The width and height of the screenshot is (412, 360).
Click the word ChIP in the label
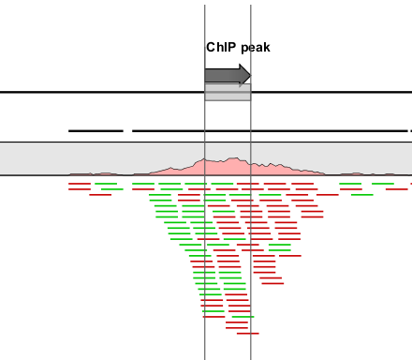(x=220, y=47)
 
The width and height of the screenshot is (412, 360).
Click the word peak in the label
(x=254, y=47)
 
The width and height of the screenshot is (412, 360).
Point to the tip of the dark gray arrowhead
(x=250, y=75)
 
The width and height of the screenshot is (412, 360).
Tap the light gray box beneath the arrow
(x=228, y=93)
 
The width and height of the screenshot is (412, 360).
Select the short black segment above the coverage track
(x=96, y=130)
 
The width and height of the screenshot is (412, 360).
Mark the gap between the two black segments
(x=127, y=130)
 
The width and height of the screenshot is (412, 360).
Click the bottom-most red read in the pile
(x=248, y=333)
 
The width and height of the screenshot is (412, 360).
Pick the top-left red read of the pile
(x=80, y=184)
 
